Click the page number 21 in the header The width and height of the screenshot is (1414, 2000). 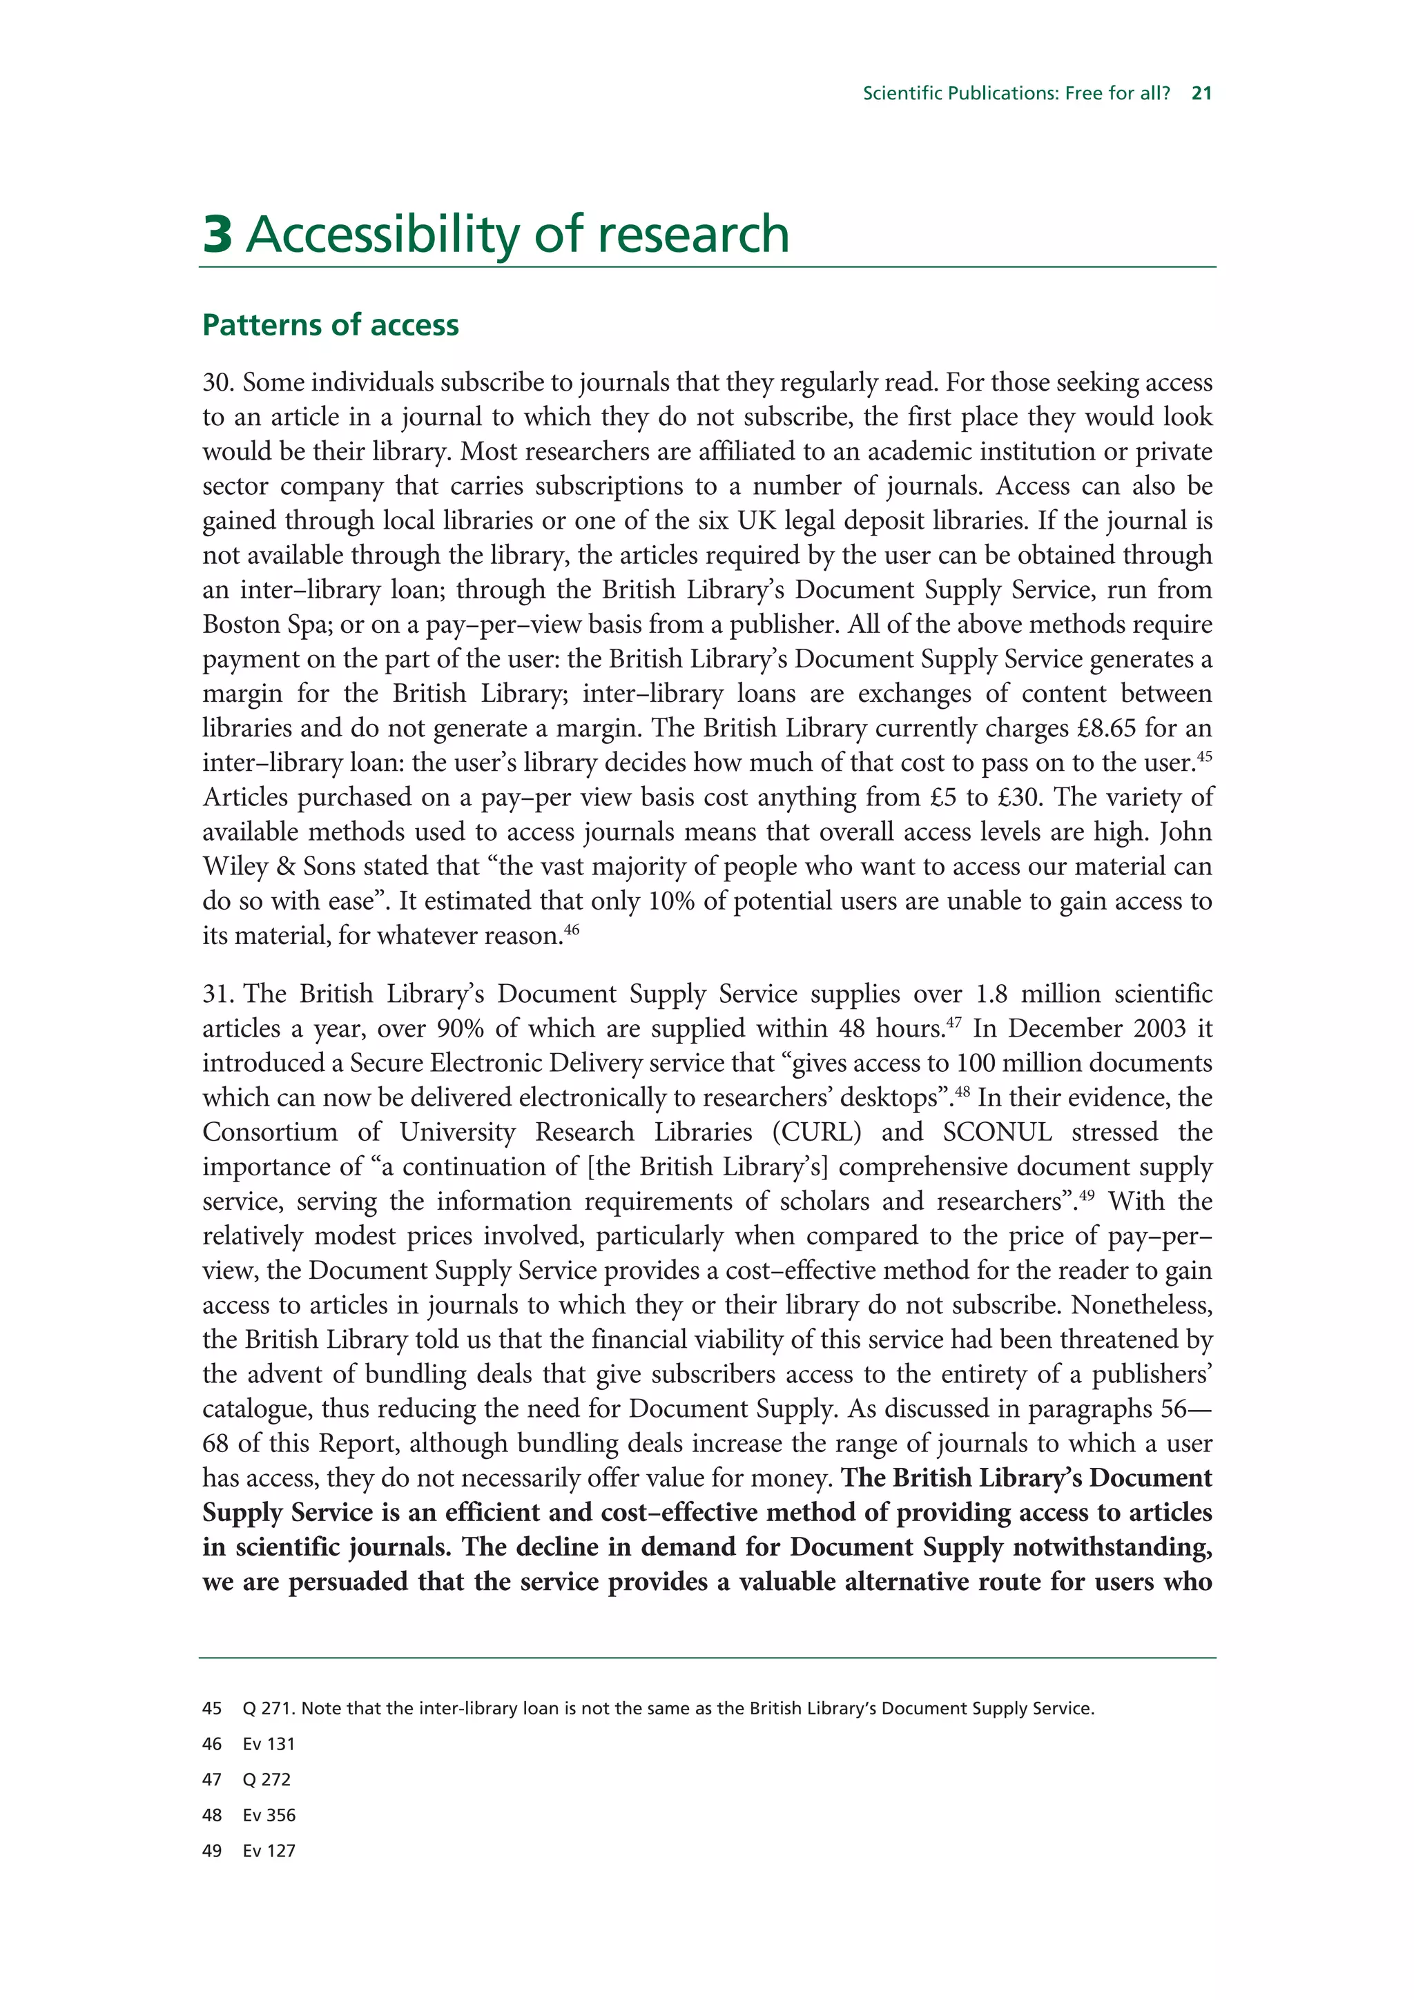coord(1201,93)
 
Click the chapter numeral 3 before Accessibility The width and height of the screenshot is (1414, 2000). coord(217,235)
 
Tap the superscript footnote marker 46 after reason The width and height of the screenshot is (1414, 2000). coord(571,929)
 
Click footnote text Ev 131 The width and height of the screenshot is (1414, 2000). coord(269,1744)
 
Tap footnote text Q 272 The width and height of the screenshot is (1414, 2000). coord(267,1780)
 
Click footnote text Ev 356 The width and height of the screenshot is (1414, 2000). coord(269,1815)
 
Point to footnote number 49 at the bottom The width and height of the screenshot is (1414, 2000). coord(212,1851)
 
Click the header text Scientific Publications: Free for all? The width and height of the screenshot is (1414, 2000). coord(1016,93)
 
